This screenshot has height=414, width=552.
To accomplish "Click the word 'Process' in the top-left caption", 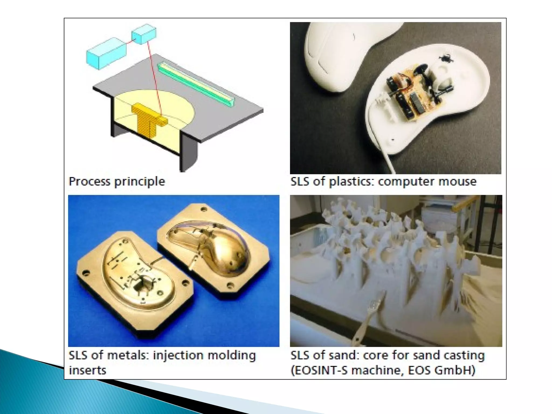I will point(90,181).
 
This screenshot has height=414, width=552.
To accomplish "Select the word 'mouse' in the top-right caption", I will point(457,181).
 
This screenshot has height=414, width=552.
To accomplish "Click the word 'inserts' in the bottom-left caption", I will point(88,370).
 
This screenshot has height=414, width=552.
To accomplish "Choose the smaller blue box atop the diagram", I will point(144,34).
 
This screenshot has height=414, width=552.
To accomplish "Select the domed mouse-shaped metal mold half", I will point(216,251).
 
